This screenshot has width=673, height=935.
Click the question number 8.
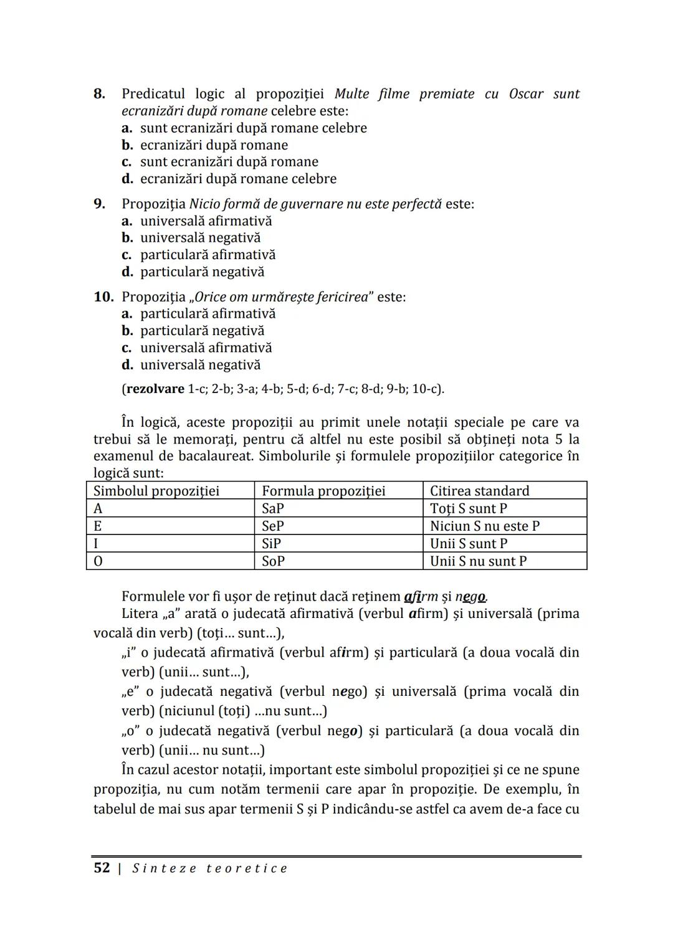[99, 94]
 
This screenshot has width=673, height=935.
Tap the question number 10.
[103, 297]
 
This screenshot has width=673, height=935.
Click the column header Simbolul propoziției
[156, 491]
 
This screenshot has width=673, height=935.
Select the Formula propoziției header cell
[323, 491]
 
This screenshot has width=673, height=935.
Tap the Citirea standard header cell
[479, 491]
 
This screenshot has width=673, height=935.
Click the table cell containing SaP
[273, 508]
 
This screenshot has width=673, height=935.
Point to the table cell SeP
[273, 526]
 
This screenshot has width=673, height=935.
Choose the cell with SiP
[272, 543]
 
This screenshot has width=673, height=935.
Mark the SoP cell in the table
[273, 561]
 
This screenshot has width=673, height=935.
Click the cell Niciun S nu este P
[485, 526]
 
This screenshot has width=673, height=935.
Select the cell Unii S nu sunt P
[478, 561]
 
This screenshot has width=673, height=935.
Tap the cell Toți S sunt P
[469, 508]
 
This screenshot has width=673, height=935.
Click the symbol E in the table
[98, 526]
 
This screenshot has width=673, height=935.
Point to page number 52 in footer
[102, 868]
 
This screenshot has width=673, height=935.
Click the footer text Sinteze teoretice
[210, 868]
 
